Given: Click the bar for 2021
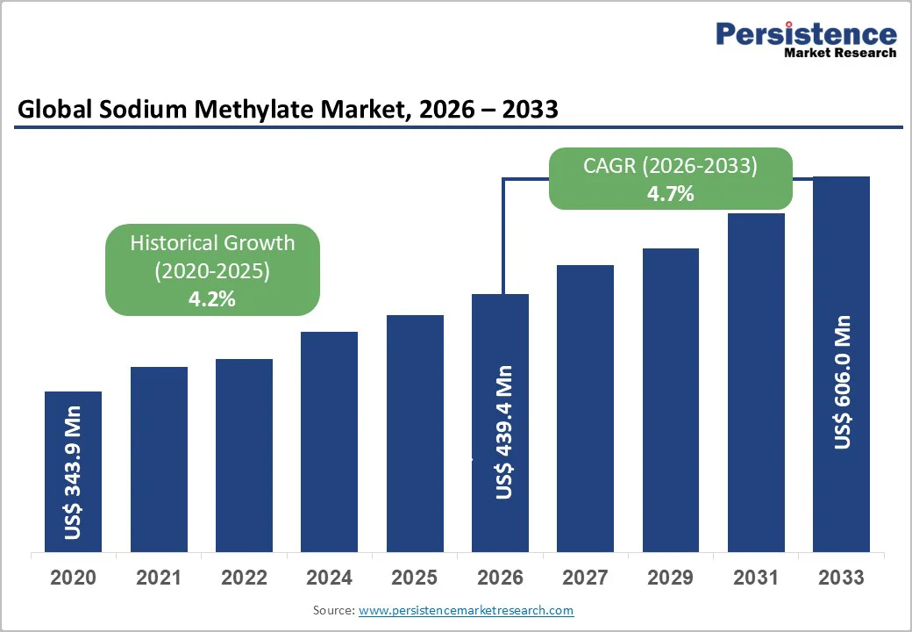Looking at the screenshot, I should [159, 459].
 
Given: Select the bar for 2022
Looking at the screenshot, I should [244, 456].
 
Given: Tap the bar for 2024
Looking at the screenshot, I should [329, 442].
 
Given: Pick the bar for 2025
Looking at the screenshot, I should [415, 434].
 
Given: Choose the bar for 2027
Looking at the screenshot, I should [585, 408].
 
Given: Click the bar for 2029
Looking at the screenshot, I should [670, 400].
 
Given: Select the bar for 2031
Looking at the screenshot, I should [756, 383].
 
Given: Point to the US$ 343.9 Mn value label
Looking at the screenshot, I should [74, 472].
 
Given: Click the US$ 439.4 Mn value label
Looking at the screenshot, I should [503, 432].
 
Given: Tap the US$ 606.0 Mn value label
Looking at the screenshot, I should [843, 382].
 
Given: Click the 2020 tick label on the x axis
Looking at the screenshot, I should [74, 578].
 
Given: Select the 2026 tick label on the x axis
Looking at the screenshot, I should [500, 578].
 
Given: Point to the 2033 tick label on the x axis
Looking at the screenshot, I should [841, 578].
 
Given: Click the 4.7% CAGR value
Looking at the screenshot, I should [670, 194].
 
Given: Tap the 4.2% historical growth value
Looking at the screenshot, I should [212, 298].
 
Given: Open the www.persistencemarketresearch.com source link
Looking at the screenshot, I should [466, 610].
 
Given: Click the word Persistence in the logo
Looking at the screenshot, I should [806, 34].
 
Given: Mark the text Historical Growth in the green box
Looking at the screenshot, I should [212, 243].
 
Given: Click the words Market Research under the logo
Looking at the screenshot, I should [840, 53].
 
